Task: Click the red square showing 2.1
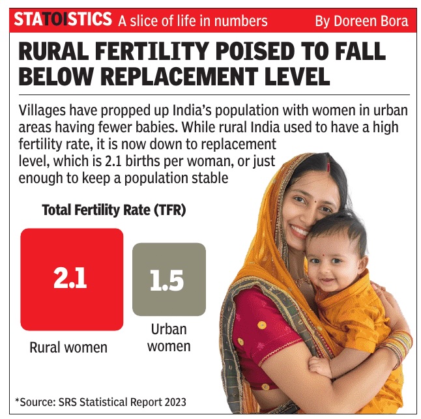pyautogui.click(x=72, y=279)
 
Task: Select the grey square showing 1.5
pyautogui.click(x=168, y=279)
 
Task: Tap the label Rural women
pyautogui.click(x=68, y=347)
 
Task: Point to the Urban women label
pyautogui.click(x=169, y=337)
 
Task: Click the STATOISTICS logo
pyautogui.click(x=63, y=20)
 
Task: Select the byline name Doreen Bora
pyautogui.click(x=371, y=22)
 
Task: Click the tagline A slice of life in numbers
pyautogui.click(x=193, y=22)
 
